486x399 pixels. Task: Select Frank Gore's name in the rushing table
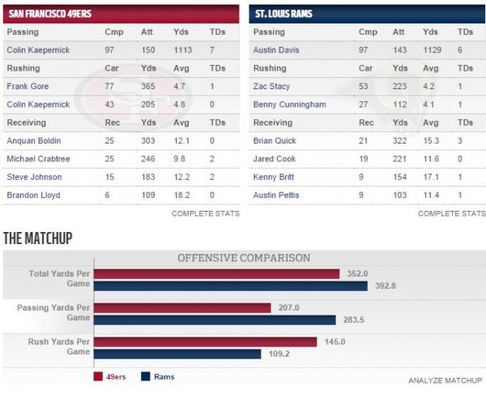28,86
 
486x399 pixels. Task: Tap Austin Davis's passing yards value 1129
432,50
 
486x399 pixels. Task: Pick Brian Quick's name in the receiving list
275,141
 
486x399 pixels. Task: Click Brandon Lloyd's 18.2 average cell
181,195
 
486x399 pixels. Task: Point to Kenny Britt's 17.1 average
431,177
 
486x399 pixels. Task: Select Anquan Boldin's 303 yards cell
148,141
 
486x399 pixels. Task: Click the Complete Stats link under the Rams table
452,213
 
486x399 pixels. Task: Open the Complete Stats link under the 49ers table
206,213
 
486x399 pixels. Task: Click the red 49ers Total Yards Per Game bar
216,274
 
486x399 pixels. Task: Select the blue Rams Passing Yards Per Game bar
215,320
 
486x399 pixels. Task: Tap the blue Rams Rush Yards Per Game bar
177,354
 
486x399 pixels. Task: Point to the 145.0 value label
335,342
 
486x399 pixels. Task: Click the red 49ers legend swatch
98,376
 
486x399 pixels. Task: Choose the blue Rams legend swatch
145,376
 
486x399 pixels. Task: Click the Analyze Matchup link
445,380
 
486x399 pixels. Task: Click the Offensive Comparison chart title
244,258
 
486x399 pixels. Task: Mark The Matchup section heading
38,238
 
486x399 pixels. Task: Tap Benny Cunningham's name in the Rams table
289,105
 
